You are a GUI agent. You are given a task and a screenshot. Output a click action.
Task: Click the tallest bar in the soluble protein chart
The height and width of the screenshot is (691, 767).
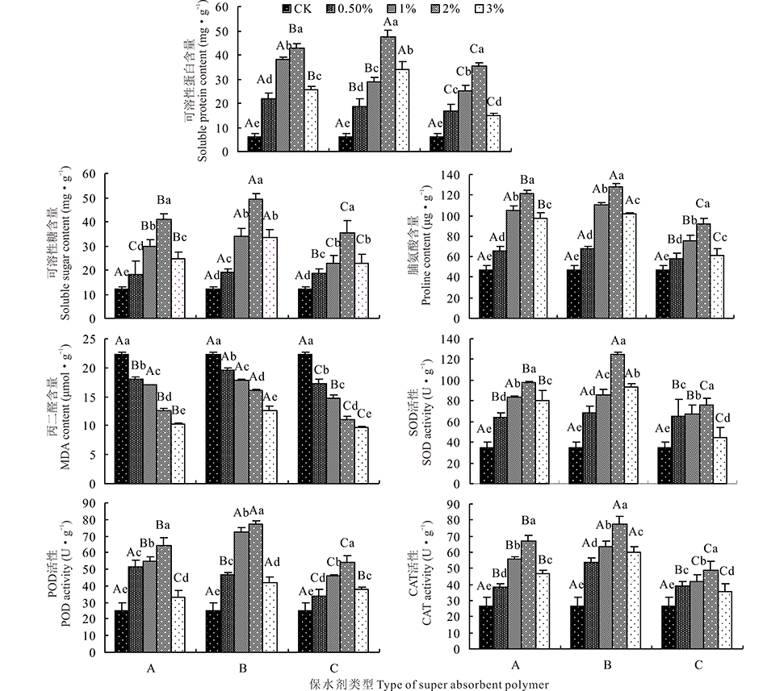388,94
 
